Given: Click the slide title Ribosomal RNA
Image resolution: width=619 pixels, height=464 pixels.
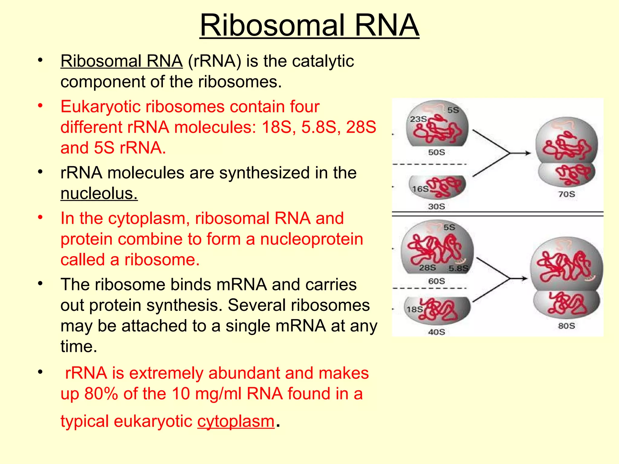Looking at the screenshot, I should click(309, 25).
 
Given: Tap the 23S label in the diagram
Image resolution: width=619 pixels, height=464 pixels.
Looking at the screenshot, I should click(418, 119).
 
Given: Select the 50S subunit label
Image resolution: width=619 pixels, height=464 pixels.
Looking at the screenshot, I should click(436, 152).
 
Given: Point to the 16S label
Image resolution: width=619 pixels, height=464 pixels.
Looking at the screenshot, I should click(420, 189).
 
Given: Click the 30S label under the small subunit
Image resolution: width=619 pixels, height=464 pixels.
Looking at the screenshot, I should click(436, 207).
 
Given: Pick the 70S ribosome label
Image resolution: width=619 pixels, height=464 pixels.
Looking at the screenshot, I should click(566, 194).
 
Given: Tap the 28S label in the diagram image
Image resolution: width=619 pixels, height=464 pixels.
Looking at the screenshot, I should click(427, 268).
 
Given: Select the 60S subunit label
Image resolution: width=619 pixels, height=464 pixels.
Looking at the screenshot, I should click(436, 281).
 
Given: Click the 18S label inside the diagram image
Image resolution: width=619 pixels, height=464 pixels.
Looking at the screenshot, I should click(414, 309).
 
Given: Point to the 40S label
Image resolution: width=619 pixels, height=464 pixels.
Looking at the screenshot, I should click(436, 332).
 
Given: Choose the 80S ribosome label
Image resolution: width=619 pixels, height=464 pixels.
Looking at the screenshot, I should click(566, 326).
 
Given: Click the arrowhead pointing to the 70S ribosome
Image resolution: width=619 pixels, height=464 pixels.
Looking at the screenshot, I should click(527, 153).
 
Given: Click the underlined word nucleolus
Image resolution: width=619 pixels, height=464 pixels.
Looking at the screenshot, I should click(99, 193).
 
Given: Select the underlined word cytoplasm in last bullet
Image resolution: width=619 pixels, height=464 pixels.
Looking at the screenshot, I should click(236, 421).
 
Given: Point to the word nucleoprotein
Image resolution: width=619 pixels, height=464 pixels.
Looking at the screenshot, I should click(311, 239).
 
